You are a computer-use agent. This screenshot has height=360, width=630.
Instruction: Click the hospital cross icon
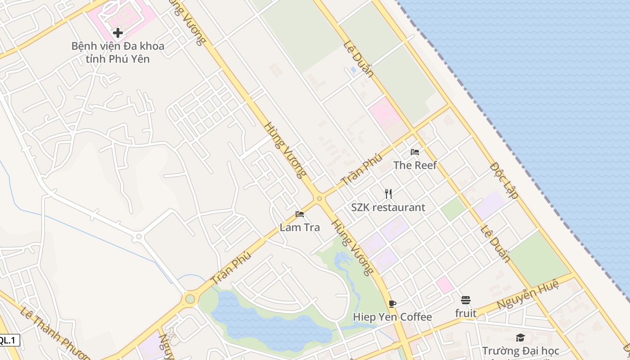118,33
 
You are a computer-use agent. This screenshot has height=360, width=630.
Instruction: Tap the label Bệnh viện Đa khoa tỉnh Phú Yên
118,52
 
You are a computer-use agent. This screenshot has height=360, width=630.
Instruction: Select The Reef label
415,165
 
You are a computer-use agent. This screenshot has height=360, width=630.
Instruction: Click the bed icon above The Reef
415,152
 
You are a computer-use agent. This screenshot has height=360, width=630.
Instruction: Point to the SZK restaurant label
388,207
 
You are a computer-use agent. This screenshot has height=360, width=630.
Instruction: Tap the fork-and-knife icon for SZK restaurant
388,194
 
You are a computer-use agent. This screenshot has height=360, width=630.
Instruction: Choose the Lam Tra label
300,227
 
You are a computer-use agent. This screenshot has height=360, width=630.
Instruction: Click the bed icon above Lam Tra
300,214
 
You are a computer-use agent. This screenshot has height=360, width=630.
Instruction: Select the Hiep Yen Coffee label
392,317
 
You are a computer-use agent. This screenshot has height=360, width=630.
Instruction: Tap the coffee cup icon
392,304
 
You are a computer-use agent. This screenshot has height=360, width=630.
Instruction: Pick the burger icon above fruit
466,300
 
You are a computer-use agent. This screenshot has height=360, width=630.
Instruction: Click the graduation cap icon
521,337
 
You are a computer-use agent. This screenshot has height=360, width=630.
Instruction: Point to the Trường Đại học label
521,351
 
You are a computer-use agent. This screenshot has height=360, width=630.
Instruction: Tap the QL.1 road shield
9,340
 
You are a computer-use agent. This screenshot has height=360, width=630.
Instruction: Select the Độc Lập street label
504,180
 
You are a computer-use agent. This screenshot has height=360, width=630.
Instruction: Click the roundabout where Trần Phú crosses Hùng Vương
319,198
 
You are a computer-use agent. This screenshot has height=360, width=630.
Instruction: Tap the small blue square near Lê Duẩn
353,70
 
